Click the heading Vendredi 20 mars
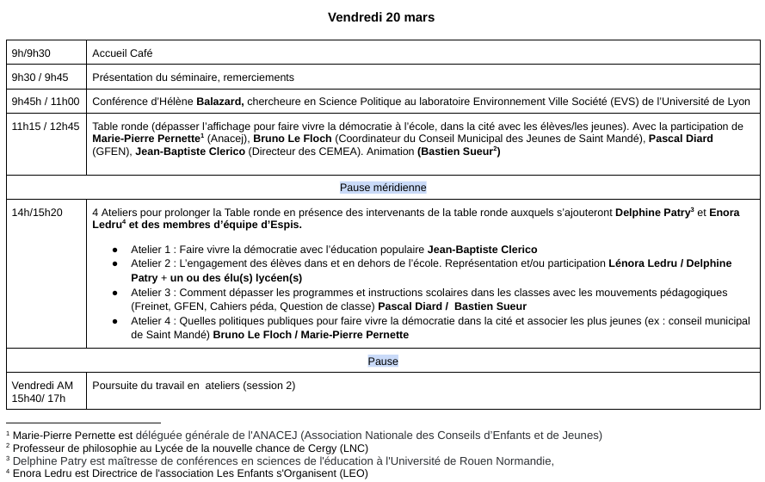[382, 17]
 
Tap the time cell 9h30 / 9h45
[40, 77]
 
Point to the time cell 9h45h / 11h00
[46, 101]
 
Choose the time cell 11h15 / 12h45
[46, 126]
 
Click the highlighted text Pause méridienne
[383, 187]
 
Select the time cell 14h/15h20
[37, 213]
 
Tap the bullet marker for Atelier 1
[114, 250]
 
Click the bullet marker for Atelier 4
[114, 322]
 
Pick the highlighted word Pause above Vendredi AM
[383, 361]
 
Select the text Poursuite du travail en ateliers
[194, 386]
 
